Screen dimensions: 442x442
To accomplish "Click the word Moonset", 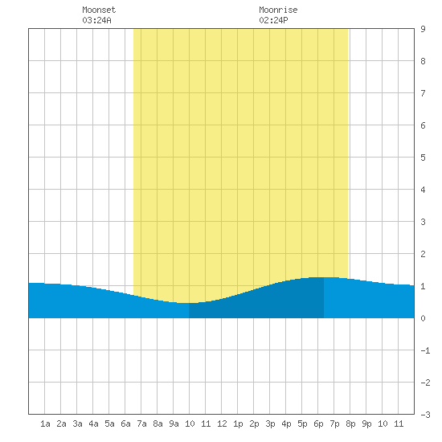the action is (x=99, y=10).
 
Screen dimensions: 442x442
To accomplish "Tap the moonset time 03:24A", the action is (x=96, y=20).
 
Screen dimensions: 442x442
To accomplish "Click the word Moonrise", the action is (x=278, y=10).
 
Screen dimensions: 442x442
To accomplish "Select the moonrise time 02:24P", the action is (x=273, y=20).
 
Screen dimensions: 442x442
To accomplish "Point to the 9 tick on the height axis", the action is (x=423, y=29).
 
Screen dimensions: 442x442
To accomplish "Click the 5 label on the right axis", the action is (x=423, y=158).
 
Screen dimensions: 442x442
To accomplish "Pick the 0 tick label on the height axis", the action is (x=423, y=318).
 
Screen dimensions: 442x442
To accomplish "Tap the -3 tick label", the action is (x=425, y=415).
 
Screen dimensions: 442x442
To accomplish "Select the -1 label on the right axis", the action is (x=425, y=350).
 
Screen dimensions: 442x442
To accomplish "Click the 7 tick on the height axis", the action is (x=423, y=93).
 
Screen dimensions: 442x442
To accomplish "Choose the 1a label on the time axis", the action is (x=45, y=424).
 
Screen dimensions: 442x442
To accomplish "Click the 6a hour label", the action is (x=125, y=424).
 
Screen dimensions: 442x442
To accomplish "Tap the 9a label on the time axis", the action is (x=174, y=424).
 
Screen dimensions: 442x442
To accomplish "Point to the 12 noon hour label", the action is (x=222, y=424).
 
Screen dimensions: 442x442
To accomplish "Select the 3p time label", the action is (x=270, y=424).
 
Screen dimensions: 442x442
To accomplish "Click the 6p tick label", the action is (x=318, y=424).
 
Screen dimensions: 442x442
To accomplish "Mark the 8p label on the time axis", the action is (x=350, y=424).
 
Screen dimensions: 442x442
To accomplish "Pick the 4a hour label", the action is (x=93, y=424).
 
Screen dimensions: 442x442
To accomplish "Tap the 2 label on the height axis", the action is (x=423, y=254).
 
